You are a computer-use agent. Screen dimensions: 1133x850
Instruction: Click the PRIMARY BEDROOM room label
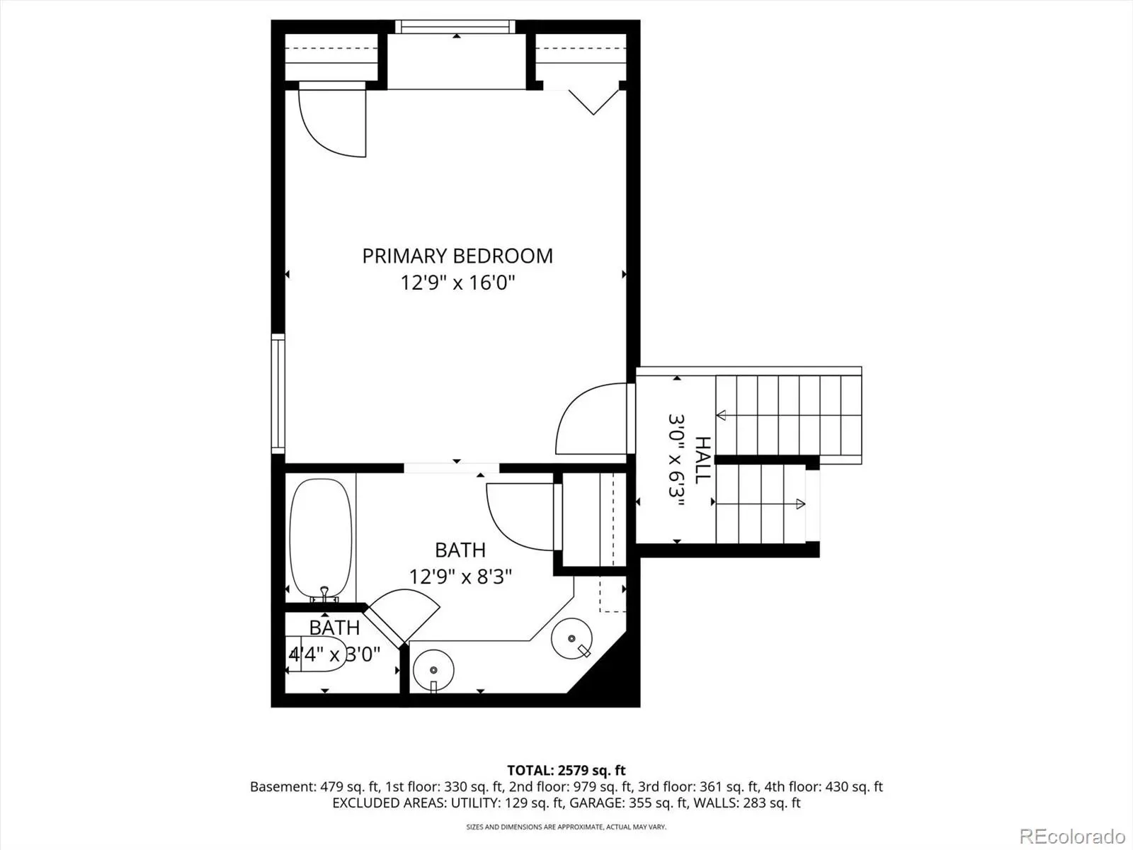point(457,256)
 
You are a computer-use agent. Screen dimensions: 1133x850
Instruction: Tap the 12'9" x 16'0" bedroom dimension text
point(458,283)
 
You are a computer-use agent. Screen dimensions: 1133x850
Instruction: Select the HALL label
point(703,460)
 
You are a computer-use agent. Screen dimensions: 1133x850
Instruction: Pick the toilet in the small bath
point(316,654)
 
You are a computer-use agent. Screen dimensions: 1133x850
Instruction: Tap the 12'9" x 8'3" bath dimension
point(460,577)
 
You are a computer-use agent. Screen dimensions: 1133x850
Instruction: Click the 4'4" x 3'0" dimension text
point(334,655)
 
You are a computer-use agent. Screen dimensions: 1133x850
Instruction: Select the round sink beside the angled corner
point(571,639)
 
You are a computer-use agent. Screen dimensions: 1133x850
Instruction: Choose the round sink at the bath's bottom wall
point(433,670)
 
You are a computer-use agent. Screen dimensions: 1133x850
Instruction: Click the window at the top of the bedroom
point(455,27)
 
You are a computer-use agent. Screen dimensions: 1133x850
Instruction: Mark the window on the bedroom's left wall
point(278,394)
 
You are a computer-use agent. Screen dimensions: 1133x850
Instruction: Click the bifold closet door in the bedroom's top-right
point(593,102)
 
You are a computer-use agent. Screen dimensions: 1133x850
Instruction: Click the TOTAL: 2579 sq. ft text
point(566,771)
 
